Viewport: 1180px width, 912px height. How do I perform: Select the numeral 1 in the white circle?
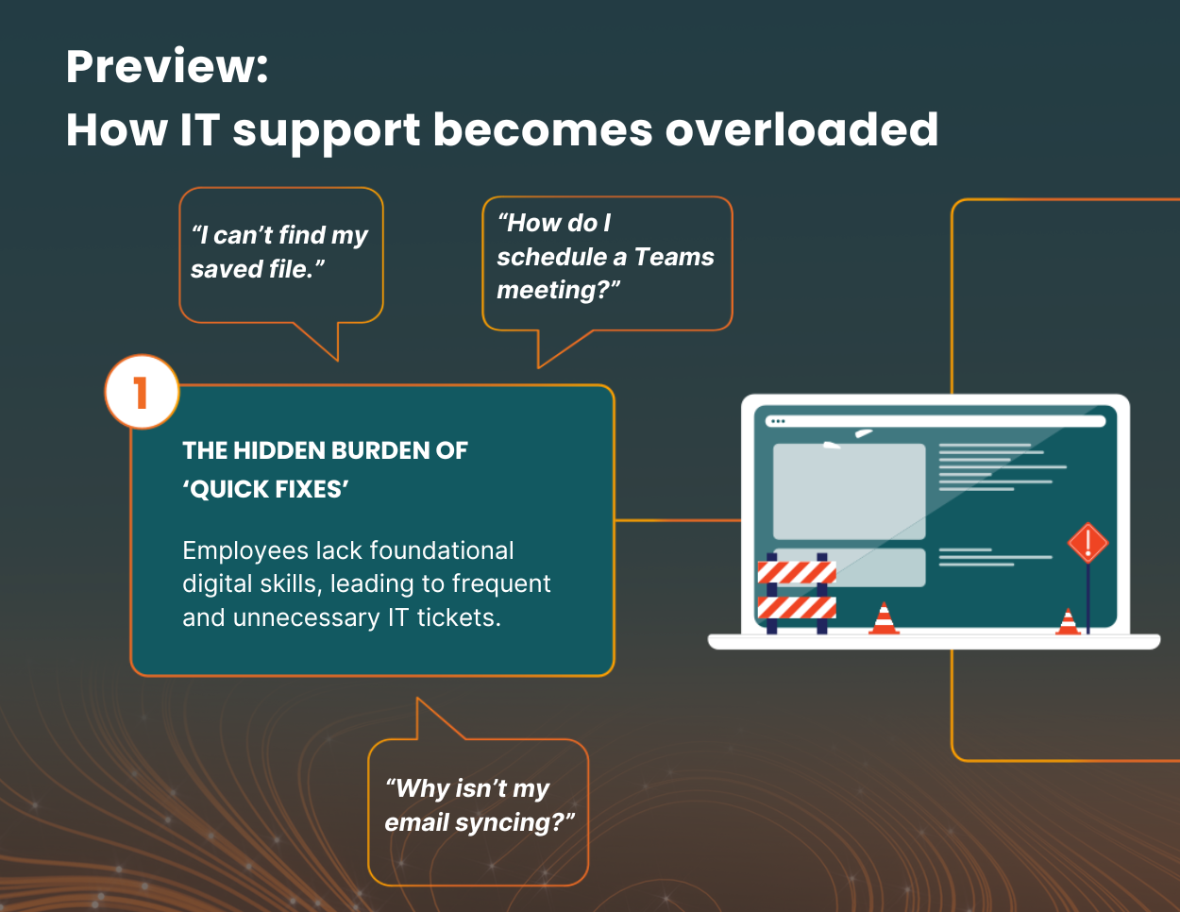click(x=141, y=392)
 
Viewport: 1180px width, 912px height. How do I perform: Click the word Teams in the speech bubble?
click(x=674, y=257)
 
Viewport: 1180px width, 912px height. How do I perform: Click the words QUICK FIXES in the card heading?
click(x=266, y=489)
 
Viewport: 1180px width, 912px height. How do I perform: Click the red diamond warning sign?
click(x=1087, y=542)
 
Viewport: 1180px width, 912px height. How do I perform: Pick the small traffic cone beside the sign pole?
click(x=1068, y=621)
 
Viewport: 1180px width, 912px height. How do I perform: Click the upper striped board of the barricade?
click(x=797, y=572)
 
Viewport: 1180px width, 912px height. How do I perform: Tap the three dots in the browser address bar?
click(x=778, y=421)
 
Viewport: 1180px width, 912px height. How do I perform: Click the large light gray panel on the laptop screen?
click(x=850, y=491)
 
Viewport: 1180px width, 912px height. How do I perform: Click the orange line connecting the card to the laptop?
click(x=678, y=520)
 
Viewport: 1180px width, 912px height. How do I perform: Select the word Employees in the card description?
click(x=246, y=551)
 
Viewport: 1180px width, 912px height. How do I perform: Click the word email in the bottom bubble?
click(x=416, y=823)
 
